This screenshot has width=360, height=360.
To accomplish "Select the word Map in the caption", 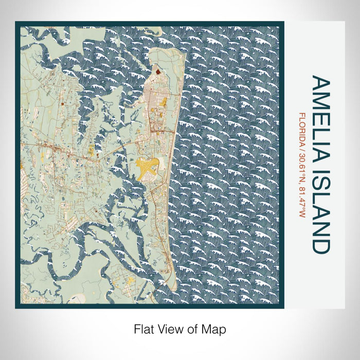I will pos(216,328).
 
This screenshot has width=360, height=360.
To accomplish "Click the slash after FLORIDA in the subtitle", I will pos(302,151).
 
